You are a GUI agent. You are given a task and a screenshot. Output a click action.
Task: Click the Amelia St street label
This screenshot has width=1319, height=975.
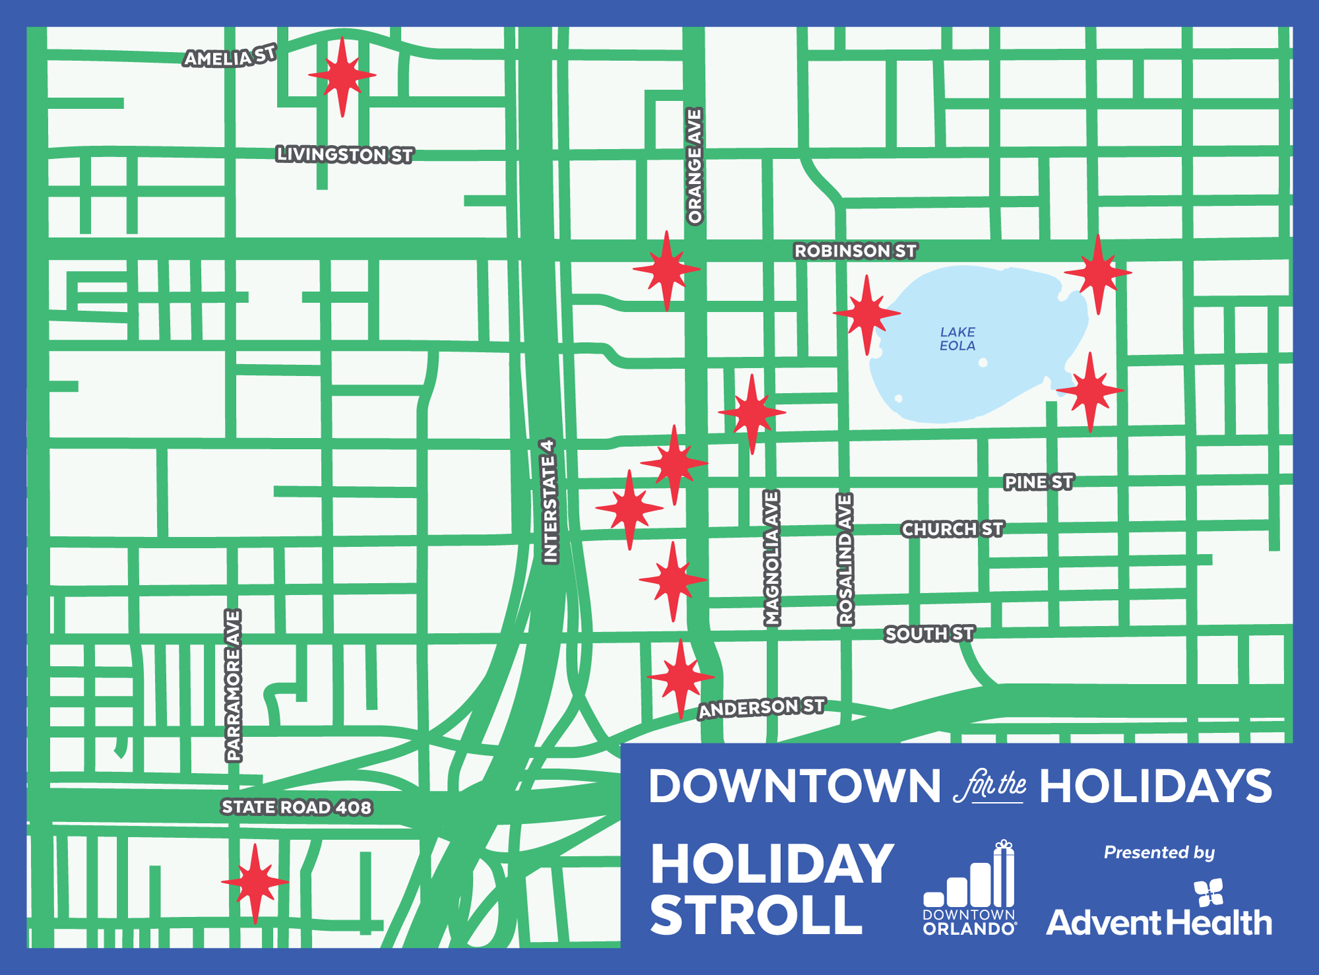[x=230, y=57]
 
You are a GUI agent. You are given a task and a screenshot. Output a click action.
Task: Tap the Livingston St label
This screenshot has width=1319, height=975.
[x=344, y=154]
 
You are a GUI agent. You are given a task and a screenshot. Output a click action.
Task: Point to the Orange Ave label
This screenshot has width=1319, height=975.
[x=695, y=166]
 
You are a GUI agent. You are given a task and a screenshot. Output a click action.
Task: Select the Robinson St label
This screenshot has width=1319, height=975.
[x=855, y=251]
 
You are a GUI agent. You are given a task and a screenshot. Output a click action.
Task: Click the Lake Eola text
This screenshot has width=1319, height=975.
[x=957, y=338]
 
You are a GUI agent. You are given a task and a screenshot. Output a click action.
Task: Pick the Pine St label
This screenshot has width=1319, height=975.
[x=1038, y=482]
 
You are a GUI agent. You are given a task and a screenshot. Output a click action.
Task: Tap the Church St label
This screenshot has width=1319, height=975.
[x=952, y=529]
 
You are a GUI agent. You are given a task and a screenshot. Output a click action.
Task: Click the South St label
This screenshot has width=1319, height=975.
[x=929, y=634]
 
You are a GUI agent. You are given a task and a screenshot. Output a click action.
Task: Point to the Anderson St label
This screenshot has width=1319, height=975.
[x=761, y=708]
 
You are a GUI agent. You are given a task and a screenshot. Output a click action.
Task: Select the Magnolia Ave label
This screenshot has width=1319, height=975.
[x=772, y=558]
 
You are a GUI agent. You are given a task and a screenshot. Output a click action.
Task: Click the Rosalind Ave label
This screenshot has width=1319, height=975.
[x=845, y=559]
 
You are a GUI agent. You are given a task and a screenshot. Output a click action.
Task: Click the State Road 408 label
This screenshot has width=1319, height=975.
[x=296, y=807]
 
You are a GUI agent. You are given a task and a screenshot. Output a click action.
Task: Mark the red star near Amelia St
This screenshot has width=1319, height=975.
[x=342, y=75]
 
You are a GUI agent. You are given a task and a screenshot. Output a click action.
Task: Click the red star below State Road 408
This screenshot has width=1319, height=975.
[x=255, y=882]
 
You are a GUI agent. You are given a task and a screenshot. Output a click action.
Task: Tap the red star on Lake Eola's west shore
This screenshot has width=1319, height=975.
[x=867, y=313]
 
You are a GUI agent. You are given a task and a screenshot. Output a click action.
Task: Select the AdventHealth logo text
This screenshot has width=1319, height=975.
[x=1159, y=922]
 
